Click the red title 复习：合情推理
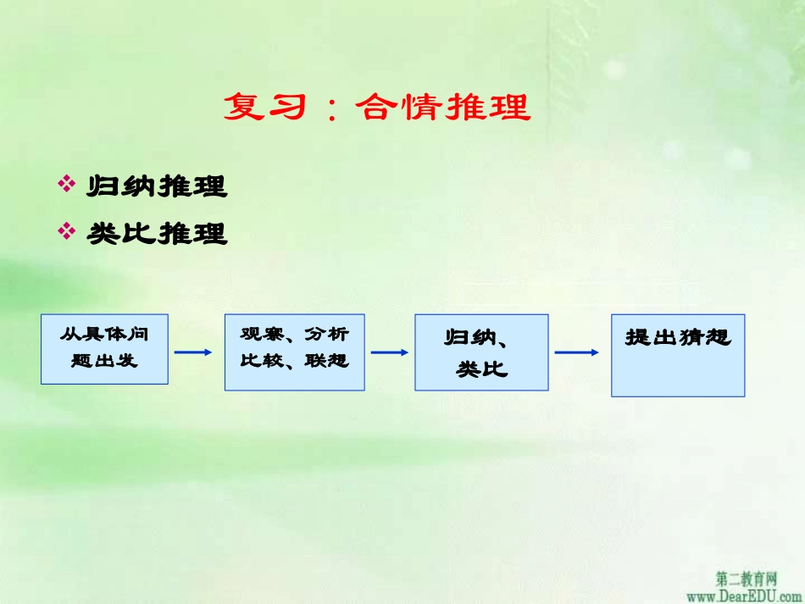377,108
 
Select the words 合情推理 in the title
443,108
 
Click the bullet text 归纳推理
158,186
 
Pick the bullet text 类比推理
158,233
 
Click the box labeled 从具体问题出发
104,348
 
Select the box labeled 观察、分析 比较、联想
294,352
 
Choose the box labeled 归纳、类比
481,352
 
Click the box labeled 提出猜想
678,355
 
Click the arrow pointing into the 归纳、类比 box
390,352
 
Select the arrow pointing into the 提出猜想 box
578,352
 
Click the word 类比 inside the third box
481,369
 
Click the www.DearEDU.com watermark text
745,596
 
